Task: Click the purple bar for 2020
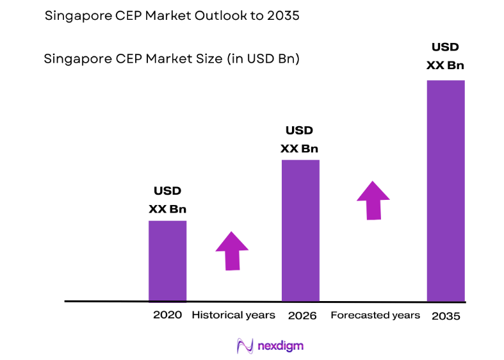click(x=167, y=261)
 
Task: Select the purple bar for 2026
click(x=300, y=230)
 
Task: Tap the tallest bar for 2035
click(x=446, y=190)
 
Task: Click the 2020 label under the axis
click(x=167, y=315)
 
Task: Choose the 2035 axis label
click(x=446, y=316)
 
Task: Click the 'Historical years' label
click(x=233, y=315)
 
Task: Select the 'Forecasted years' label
click(x=375, y=315)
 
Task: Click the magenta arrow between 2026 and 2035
click(x=373, y=200)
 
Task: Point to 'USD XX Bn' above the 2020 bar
click(x=167, y=200)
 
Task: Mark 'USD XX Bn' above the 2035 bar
click(x=445, y=56)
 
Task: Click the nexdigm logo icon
click(x=245, y=346)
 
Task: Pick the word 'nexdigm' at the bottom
click(x=280, y=347)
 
